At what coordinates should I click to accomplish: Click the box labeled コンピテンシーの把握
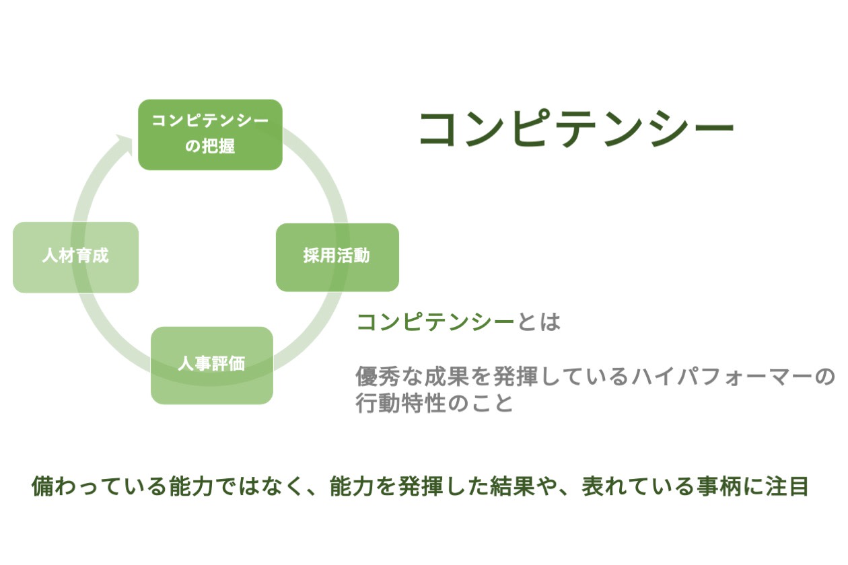[210, 135]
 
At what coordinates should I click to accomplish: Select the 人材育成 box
[75, 257]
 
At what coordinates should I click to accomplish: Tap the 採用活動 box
[337, 257]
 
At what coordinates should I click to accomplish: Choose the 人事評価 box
[211, 365]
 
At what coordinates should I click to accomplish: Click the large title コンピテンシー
[576, 128]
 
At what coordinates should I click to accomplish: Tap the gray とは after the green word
[538, 322]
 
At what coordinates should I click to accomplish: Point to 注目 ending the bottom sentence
[787, 486]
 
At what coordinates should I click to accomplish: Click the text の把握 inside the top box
[210, 146]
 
